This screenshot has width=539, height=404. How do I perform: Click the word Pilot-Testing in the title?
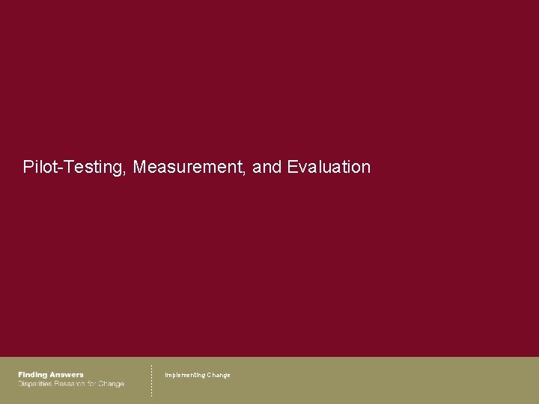[73, 167]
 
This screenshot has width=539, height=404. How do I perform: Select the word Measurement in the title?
[189, 167]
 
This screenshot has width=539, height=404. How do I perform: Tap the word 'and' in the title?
[267, 167]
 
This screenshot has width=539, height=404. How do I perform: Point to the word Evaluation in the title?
[329, 167]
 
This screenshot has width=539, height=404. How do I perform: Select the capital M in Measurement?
[139, 167]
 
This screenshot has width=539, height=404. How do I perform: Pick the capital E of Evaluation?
[292, 167]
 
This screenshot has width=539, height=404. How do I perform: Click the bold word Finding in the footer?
[33, 375]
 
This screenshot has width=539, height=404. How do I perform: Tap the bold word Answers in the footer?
[67, 375]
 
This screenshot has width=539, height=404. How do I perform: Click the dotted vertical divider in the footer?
[151, 380]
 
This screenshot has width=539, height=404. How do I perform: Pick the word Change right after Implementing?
[219, 375]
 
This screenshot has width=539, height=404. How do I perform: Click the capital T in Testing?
[70, 167]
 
